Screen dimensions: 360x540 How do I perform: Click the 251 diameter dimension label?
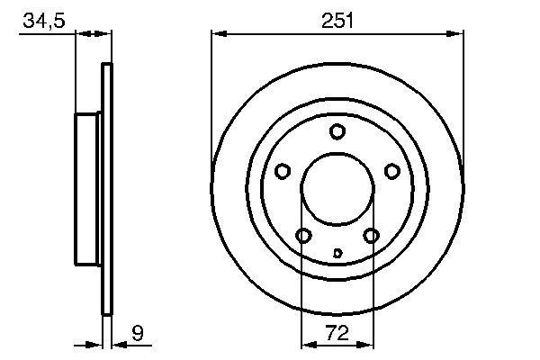[337, 21]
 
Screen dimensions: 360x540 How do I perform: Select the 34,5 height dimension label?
[43, 21]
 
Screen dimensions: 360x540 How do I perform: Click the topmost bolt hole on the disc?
[337, 132]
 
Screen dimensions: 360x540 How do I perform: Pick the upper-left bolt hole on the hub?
[282, 171]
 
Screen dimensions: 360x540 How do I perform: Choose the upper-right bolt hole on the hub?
[391, 171]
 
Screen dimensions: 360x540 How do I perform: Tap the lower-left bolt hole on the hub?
[303, 236]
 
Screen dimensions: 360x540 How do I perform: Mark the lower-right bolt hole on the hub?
[371, 236]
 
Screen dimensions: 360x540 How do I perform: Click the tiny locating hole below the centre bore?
[337, 253]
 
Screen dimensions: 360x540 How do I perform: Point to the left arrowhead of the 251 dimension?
[217, 34]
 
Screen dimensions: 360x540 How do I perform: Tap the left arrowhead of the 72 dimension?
[306, 343]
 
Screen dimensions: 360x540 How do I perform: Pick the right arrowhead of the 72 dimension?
[367, 343]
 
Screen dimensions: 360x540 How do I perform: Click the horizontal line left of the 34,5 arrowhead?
[45, 34]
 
